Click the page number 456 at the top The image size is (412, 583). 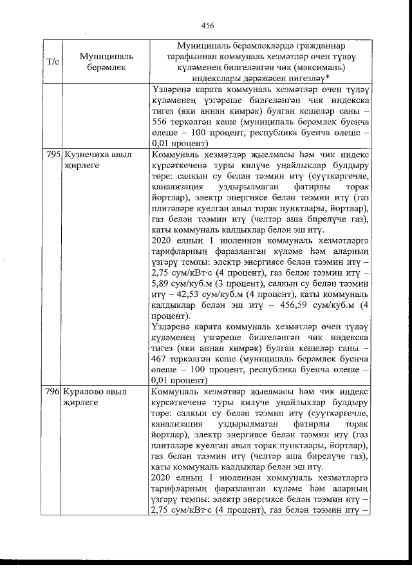pyautogui.click(x=207, y=26)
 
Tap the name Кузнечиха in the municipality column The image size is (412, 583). pyautogui.click(x=87, y=155)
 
